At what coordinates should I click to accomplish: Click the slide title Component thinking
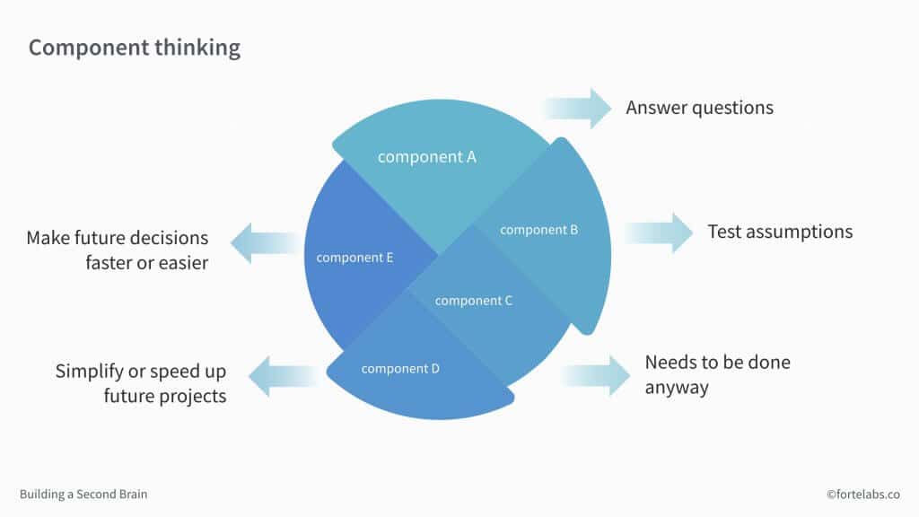[x=135, y=48]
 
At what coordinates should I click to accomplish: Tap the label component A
[x=426, y=157]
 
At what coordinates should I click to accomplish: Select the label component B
[x=538, y=230]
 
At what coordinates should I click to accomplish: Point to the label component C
[x=473, y=301]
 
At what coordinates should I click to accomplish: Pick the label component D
[x=400, y=368]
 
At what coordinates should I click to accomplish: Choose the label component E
[x=354, y=258]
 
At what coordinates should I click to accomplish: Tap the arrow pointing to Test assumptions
[x=660, y=232]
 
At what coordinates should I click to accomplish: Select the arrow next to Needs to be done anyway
[x=597, y=374]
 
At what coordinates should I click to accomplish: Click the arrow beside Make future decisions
[x=266, y=242]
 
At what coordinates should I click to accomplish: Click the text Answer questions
[x=699, y=108]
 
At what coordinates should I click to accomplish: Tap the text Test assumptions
[x=780, y=232]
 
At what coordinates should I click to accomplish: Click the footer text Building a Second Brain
[x=83, y=494]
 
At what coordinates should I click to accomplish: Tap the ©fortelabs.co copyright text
[x=864, y=494]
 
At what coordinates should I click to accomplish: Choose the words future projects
[x=165, y=395]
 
